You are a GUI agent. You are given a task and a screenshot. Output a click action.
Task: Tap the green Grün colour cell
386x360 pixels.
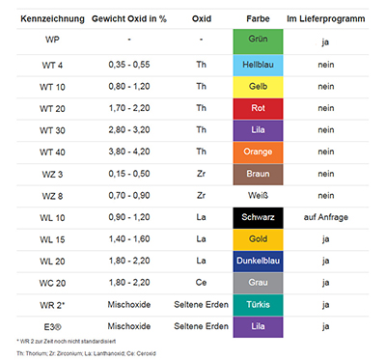point(257,42)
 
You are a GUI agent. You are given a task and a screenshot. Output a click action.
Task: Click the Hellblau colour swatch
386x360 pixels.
point(257,66)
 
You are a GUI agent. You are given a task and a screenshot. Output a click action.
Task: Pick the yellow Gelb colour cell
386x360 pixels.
point(257,87)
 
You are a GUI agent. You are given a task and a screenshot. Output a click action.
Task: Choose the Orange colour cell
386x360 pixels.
point(257,152)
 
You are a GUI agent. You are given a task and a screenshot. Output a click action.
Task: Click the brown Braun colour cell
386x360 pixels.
point(257,174)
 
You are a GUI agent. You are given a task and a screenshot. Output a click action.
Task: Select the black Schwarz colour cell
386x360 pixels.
point(257,217)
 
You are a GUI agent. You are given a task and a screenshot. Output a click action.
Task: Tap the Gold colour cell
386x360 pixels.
point(257,238)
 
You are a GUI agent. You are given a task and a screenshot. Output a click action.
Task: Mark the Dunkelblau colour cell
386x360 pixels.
point(257,261)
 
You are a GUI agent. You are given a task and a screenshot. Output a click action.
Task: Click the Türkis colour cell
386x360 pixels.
point(257,304)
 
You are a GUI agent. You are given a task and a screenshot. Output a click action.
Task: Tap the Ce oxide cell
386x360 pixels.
point(201,282)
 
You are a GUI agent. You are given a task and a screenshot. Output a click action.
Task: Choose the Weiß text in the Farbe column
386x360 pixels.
point(257,195)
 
